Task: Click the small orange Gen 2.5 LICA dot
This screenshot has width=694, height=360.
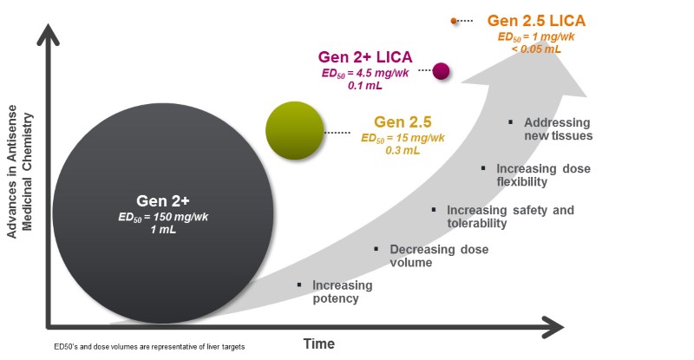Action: click(x=454, y=20)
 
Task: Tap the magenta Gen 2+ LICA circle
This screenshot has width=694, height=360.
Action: click(x=442, y=70)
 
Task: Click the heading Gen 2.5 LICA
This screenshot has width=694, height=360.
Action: click(x=536, y=20)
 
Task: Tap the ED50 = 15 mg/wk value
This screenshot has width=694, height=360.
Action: click(x=403, y=138)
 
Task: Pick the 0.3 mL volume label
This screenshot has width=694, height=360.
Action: click(x=403, y=150)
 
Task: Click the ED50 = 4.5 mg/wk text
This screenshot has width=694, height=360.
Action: click(x=364, y=73)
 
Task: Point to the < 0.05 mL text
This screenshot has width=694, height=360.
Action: click(x=535, y=49)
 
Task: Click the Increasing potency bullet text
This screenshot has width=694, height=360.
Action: click(x=342, y=291)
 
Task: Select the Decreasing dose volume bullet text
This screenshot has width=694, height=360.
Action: click(x=439, y=256)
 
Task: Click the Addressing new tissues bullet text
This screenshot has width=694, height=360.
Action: click(x=558, y=128)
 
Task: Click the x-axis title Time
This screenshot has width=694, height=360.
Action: click(x=318, y=344)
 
